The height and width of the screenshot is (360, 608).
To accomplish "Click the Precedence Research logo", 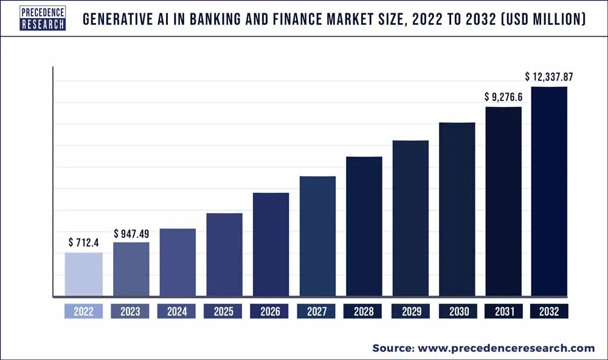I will (x=42, y=18).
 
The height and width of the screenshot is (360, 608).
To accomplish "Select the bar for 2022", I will (x=84, y=274).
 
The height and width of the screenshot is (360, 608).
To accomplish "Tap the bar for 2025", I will (x=224, y=255).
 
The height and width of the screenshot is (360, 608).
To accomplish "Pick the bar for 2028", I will (x=364, y=226).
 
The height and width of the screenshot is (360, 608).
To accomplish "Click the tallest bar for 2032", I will (x=549, y=192).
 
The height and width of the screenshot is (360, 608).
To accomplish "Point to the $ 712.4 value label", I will (x=84, y=242).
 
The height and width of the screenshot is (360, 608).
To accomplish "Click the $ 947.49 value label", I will (x=131, y=233).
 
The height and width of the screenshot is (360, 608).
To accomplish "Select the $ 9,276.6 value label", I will (x=503, y=97).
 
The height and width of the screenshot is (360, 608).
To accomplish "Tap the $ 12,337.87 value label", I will (x=549, y=77).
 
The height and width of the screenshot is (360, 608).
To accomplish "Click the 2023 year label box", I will (x=130, y=311).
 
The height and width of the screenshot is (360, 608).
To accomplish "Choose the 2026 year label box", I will (x=270, y=311).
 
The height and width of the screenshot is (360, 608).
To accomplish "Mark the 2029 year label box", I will (x=410, y=311).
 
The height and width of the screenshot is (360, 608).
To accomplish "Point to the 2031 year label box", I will (x=503, y=311).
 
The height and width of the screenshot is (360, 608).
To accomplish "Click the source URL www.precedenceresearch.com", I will (x=506, y=348).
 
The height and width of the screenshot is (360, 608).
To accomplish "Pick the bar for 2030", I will (x=457, y=210).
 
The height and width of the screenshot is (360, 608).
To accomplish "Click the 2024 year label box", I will (x=177, y=311).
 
